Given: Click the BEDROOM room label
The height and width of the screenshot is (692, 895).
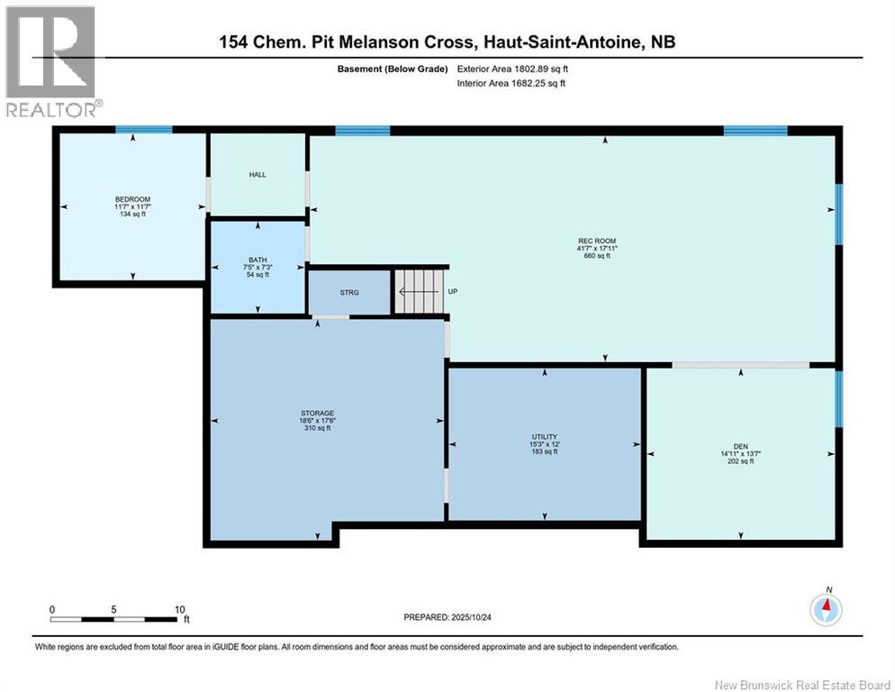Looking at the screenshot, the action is (132, 199).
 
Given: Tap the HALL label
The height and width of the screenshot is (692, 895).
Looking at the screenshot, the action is (258, 175).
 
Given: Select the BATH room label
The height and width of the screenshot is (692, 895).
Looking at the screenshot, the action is (258, 260).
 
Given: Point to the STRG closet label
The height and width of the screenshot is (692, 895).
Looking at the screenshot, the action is (349, 293).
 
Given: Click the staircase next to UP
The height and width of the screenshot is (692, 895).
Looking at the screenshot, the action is (419, 291).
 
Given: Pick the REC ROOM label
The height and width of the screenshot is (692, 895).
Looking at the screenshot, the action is (597, 241).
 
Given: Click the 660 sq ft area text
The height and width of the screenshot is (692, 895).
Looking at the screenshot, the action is (597, 256).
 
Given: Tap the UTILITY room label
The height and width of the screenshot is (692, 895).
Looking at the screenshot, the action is (545, 437).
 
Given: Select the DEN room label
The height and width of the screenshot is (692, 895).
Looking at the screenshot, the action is (741, 447).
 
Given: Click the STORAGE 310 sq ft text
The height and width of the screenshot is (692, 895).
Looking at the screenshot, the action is (317, 428).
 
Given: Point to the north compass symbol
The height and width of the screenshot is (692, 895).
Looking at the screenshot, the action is (826, 609).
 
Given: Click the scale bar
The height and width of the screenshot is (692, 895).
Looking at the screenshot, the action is (113, 619).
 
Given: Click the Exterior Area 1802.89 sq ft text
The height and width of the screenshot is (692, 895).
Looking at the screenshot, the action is (512, 69).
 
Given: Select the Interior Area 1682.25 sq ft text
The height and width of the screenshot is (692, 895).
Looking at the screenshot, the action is (511, 84).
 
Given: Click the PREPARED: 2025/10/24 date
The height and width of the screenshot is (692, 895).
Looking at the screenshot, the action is (447, 618).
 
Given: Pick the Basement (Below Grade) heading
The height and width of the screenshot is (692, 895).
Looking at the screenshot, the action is (393, 69).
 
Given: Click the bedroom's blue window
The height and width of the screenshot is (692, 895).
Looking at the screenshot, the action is (144, 130).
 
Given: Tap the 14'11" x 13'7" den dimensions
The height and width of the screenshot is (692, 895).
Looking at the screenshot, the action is (741, 454).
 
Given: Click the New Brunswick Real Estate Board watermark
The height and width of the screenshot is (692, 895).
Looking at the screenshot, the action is (802, 685).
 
